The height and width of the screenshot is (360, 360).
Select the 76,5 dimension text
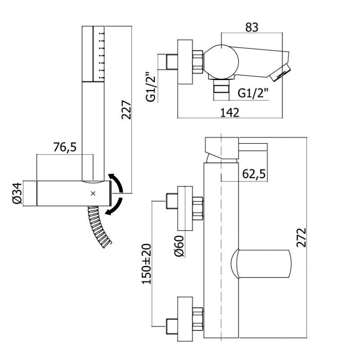click(x=65, y=147)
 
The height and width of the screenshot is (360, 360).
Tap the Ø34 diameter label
click(x=16, y=194)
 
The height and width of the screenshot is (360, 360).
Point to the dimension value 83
click(x=252, y=27)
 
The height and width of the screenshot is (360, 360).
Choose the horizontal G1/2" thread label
click(x=254, y=94)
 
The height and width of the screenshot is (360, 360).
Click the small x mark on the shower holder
click(x=93, y=193)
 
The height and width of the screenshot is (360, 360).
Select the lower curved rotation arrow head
click(x=108, y=212)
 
